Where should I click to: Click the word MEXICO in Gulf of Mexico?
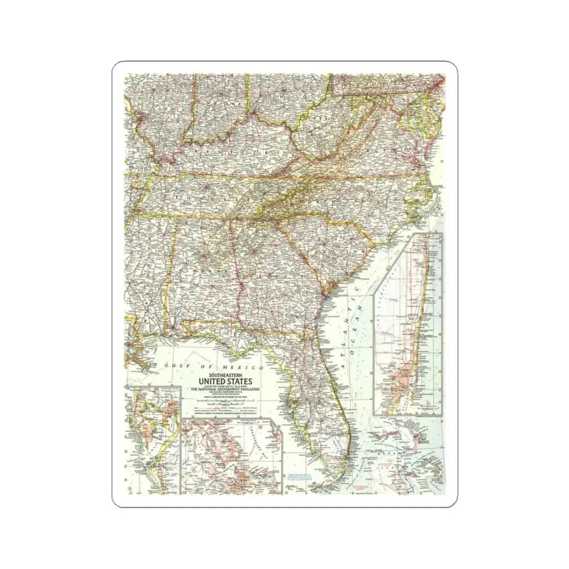coord(247,367)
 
